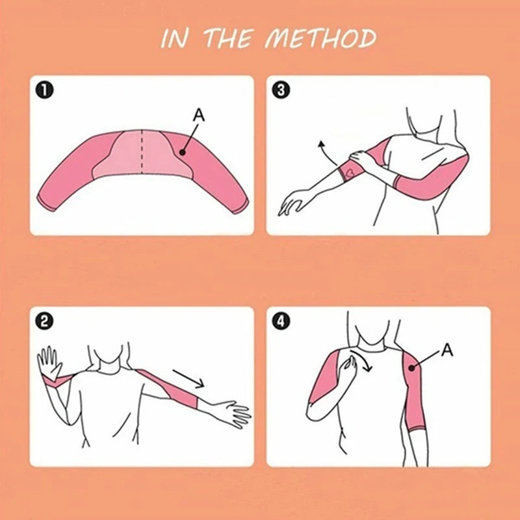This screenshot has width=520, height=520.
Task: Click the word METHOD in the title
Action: point(320,38)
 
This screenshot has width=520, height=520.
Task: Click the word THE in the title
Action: point(229,38)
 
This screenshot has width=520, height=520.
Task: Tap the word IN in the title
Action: point(174,39)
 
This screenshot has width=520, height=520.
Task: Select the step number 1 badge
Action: point(45,90)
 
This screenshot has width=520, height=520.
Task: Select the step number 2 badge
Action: point(45,321)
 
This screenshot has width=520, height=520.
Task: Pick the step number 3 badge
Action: point(281,90)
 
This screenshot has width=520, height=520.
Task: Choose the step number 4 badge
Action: point(281,321)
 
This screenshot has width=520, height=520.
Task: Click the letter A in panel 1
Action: point(199,116)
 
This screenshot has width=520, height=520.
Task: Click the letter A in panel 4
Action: point(447,350)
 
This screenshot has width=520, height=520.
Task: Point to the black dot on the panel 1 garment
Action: point(182,153)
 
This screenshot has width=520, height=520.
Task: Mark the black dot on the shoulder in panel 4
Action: point(412,368)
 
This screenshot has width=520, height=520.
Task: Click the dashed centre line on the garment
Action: point(142,151)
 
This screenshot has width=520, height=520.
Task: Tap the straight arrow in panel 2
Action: point(188,378)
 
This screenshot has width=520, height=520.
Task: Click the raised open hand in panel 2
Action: point(49,362)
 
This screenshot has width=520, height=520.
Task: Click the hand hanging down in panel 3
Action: point(294,202)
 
